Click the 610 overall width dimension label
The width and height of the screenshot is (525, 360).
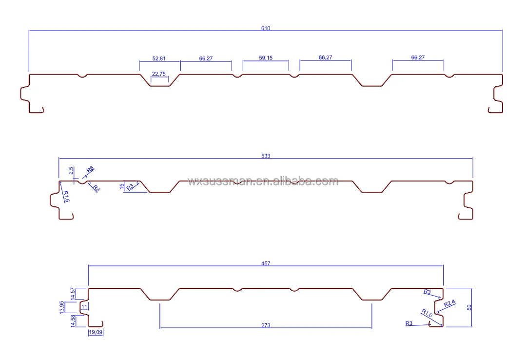click(x=265, y=28)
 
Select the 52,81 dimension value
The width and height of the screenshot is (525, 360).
click(x=159, y=59)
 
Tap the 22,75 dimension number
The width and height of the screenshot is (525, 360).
click(x=159, y=74)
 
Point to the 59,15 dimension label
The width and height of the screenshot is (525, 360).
click(x=266, y=58)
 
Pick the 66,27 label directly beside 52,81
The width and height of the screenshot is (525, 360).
click(x=206, y=59)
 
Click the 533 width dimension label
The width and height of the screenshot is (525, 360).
click(x=265, y=156)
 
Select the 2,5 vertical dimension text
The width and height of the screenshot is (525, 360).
click(x=71, y=171)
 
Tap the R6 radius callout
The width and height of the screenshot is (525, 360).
click(x=90, y=170)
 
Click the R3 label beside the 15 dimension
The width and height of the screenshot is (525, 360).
click(x=130, y=187)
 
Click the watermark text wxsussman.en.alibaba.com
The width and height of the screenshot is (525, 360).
click(x=263, y=181)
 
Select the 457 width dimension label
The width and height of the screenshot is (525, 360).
click(x=265, y=263)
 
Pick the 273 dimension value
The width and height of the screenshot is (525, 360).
click(x=266, y=325)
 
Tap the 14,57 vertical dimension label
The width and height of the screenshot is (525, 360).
click(x=73, y=293)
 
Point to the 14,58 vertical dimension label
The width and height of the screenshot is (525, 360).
click(x=73, y=320)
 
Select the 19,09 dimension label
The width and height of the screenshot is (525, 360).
click(x=96, y=333)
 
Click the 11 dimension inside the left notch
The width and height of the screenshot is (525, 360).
click(x=84, y=307)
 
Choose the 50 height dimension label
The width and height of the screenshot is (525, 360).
click(x=469, y=307)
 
